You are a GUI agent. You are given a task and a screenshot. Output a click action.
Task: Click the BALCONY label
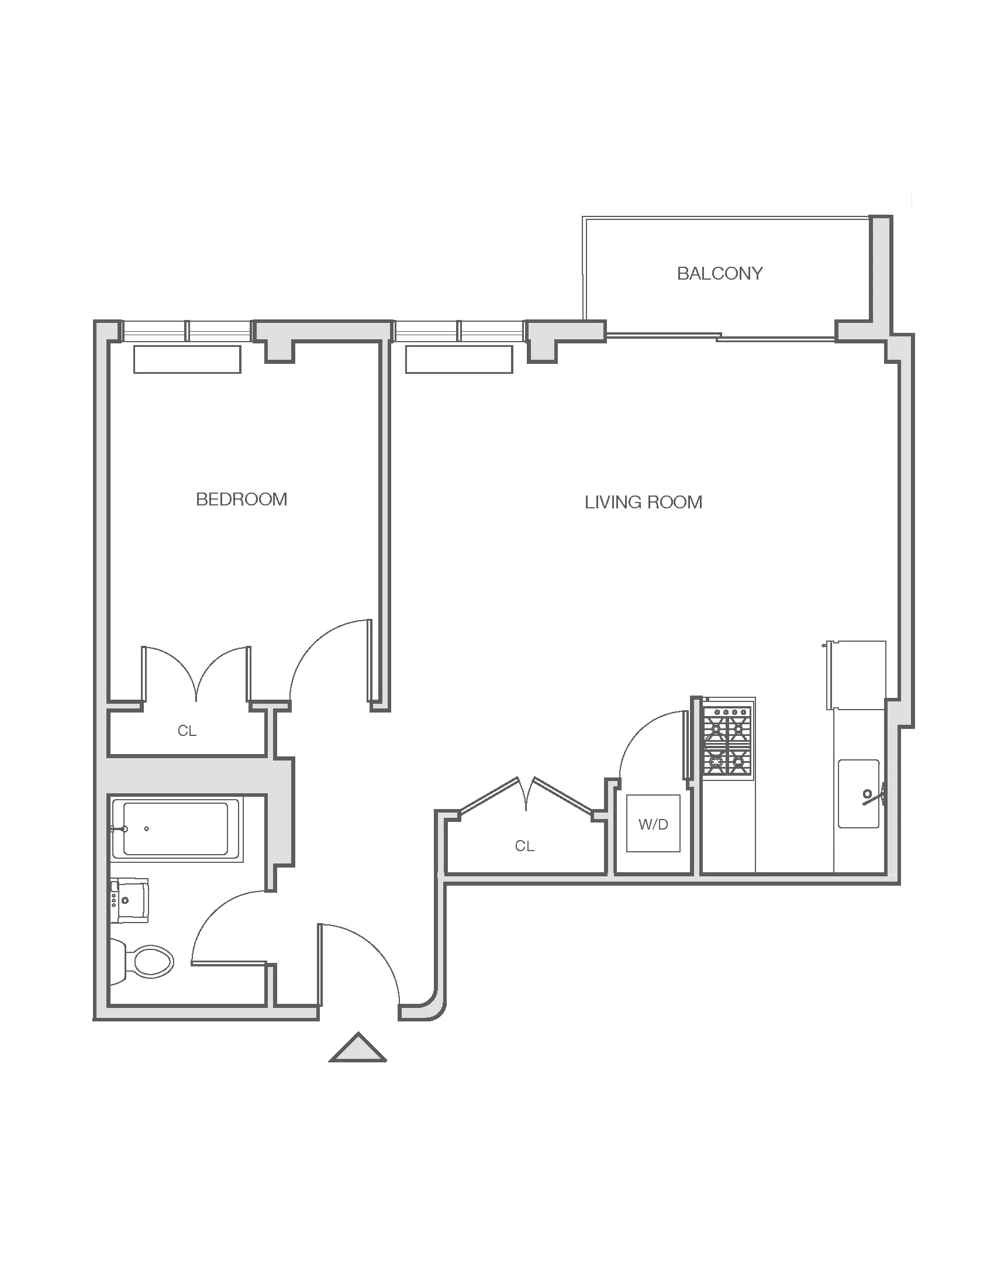click(x=720, y=273)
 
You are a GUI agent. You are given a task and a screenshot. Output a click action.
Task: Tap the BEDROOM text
click(x=241, y=500)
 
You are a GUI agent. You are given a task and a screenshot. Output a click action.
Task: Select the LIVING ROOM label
click(x=644, y=502)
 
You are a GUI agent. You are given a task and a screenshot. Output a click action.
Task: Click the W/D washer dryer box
click(x=653, y=823)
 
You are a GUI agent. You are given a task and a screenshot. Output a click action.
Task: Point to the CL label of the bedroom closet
click(x=187, y=731)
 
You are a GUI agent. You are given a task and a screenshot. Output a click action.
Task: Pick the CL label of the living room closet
click(x=524, y=846)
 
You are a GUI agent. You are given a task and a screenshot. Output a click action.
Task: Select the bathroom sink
click(x=130, y=901)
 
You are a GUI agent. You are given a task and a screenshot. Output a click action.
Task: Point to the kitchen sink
click(x=859, y=794)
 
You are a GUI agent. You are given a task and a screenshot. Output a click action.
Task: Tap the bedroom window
click(x=187, y=331)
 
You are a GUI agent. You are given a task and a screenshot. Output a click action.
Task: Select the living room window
click(x=460, y=331)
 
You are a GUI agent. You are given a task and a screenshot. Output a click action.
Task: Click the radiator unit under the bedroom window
click(x=187, y=359)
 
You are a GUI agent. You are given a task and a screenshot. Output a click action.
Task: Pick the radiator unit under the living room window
click(x=460, y=359)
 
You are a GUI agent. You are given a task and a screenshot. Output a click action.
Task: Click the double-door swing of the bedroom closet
click(x=196, y=674)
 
